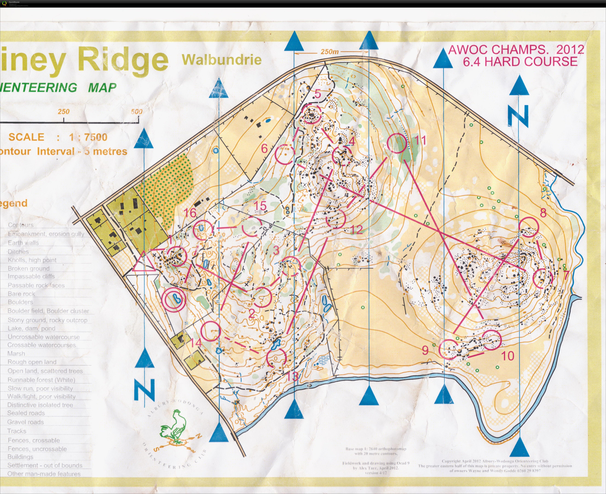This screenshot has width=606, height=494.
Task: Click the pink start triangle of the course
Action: pyautogui.click(x=144, y=262)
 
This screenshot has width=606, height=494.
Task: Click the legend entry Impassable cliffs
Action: pyautogui.click(x=31, y=276)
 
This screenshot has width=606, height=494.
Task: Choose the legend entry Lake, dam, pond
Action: pyautogui.click(x=32, y=328)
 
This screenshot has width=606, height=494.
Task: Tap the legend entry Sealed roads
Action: pyautogui.click(x=26, y=413)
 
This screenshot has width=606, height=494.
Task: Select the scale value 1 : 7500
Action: pyautogui.click(x=88, y=137)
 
